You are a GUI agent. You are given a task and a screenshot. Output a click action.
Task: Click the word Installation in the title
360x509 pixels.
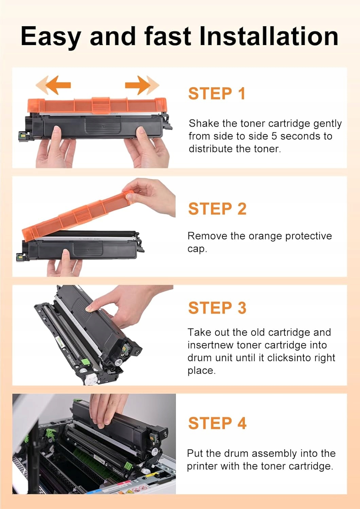tap(269, 36)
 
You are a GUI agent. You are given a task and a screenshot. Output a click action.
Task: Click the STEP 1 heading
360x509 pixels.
tap(217, 94)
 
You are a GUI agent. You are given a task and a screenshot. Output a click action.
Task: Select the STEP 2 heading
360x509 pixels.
tap(217, 209)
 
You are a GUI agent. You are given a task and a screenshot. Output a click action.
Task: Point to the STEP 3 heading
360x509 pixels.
tap(217, 308)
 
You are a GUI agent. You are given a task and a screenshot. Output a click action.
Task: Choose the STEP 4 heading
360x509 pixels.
tap(217, 423)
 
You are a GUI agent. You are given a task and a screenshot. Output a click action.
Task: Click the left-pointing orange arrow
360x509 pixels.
tap(53, 85)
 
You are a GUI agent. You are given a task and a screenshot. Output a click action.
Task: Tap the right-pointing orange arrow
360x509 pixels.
tap(142, 85)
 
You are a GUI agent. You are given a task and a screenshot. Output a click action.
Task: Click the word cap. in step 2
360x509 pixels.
tap(197, 249)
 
